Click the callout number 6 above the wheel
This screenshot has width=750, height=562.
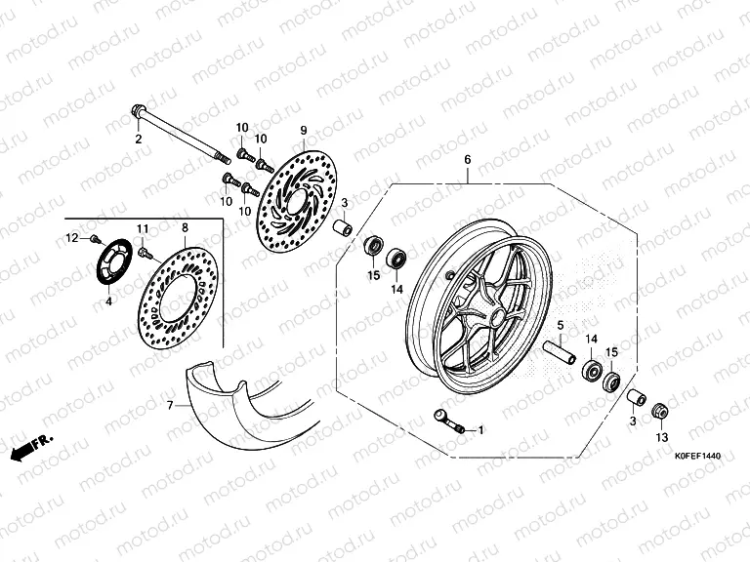[467, 159]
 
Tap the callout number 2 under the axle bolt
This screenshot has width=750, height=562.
[139, 140]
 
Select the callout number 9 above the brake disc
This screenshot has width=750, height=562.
[303, 131]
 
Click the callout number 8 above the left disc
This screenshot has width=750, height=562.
[184, 227]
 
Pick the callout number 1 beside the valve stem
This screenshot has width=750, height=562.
[479, 428]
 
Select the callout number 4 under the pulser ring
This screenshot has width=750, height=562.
[108, 301]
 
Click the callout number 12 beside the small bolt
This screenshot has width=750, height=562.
[71, 238]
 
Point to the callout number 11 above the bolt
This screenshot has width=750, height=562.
[142, 228]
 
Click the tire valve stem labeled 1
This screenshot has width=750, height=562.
[448, 421]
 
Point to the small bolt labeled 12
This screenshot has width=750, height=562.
[93, 238]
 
